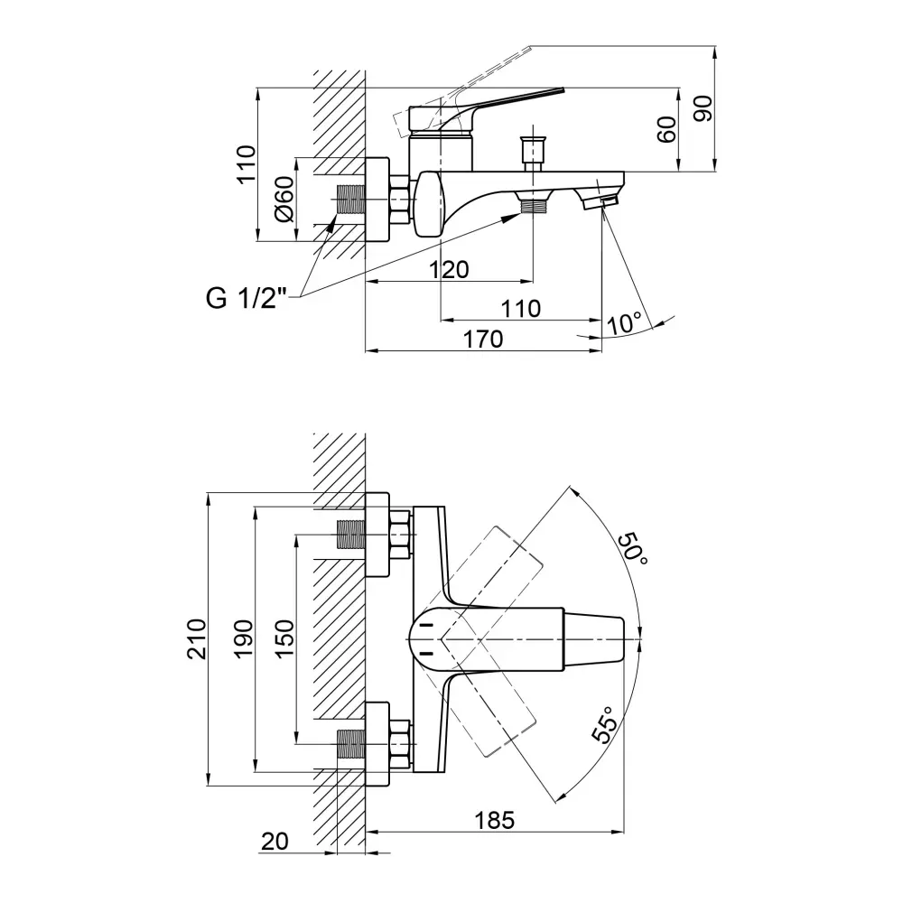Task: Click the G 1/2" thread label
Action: point(247,299)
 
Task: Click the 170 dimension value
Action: point(483,339)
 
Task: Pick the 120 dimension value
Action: point(449,269)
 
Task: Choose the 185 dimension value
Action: point(495,820)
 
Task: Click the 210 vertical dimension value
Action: point(197,639)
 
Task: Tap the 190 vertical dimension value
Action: point(243,639)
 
